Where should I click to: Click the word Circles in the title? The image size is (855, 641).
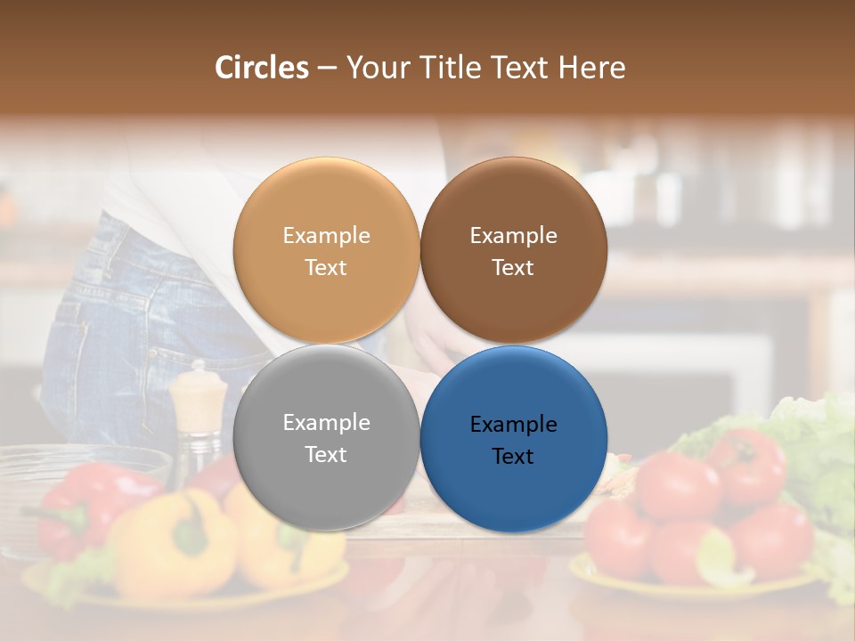pos(261,68)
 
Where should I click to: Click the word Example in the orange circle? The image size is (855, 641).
pos(326,236)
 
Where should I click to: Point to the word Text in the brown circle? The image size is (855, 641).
pos(513,268)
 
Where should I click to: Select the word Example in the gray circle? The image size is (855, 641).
pos(326,423)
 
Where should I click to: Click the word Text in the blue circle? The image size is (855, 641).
pos(513,457)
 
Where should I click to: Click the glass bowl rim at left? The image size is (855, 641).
pos(80,455)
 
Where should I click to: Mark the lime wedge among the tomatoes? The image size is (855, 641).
pos(721,556)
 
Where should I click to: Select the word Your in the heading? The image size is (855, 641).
pos(373,68)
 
